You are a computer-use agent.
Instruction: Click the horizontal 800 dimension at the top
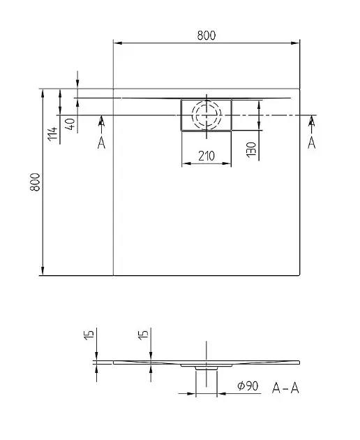click(x=207, y=35)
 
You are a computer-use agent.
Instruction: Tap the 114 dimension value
click(x=52, y=132)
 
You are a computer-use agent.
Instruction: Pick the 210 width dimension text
click(x=206, y=156)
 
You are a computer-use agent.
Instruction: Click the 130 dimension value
click(x=250, y=147)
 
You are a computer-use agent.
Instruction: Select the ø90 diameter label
click(x=247, y=386)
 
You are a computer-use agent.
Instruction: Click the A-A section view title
click(x=287, y=386)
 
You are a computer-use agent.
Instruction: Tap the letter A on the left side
click(x=102, y=143)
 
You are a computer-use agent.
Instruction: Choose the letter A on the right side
click(x=311, y=143)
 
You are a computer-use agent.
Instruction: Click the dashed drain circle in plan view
click(x=207, y=115)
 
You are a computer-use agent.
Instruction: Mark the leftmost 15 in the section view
click(x=88, y=335)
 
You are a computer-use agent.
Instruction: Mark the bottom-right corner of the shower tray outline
click(x=300, y=275)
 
